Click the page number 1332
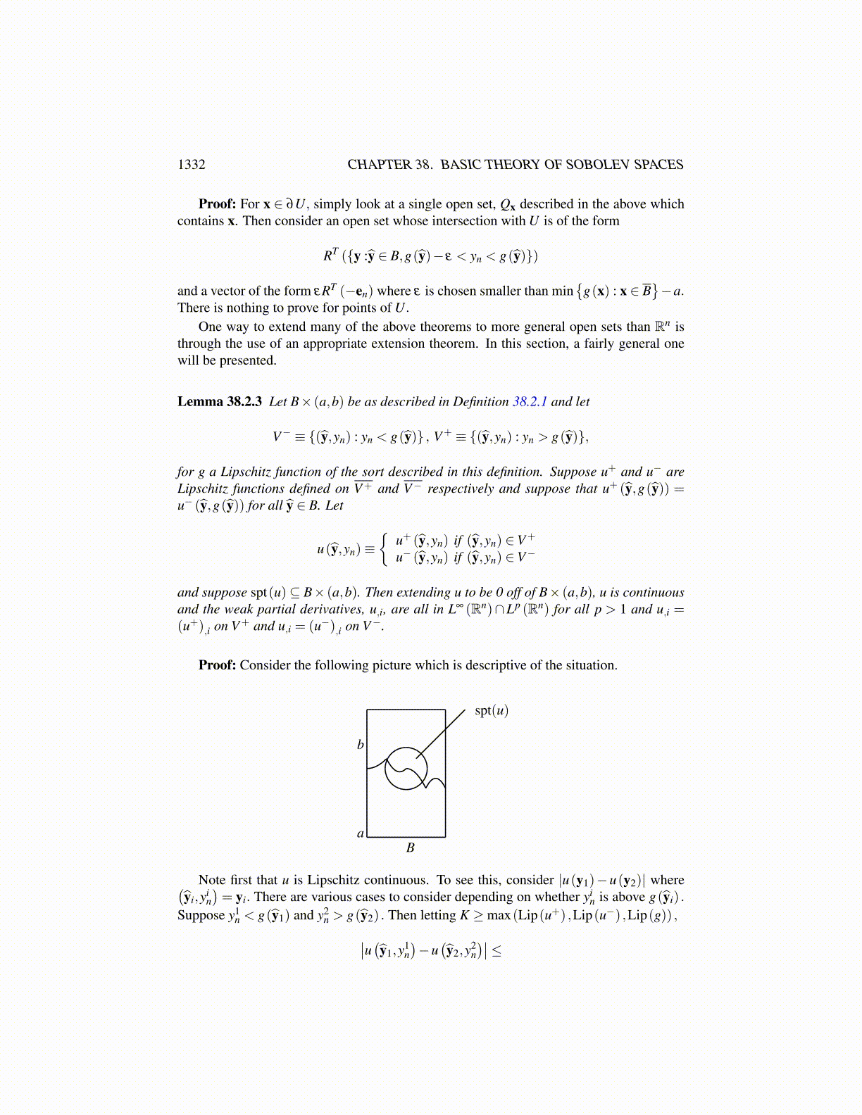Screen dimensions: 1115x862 click(x=192, y=165)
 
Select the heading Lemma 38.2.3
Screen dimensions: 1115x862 click(x=220, y=402)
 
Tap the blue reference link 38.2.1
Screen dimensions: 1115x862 click(x=530, y=402)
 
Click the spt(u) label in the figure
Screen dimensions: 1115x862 click(x=491, y=710)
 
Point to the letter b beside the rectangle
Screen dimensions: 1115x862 click(x=361, y=744)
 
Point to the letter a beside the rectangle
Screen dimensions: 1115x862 click(x=361, y=833)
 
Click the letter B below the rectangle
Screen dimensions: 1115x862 click(x=411, y=848)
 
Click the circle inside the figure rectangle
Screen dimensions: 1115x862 click(x=406, y=768)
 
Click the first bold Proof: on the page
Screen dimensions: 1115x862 click(x=217, y=204)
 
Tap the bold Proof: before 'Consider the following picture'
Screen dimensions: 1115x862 click(x=217, y=665)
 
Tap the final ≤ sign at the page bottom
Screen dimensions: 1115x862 click(x=496, y=952)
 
